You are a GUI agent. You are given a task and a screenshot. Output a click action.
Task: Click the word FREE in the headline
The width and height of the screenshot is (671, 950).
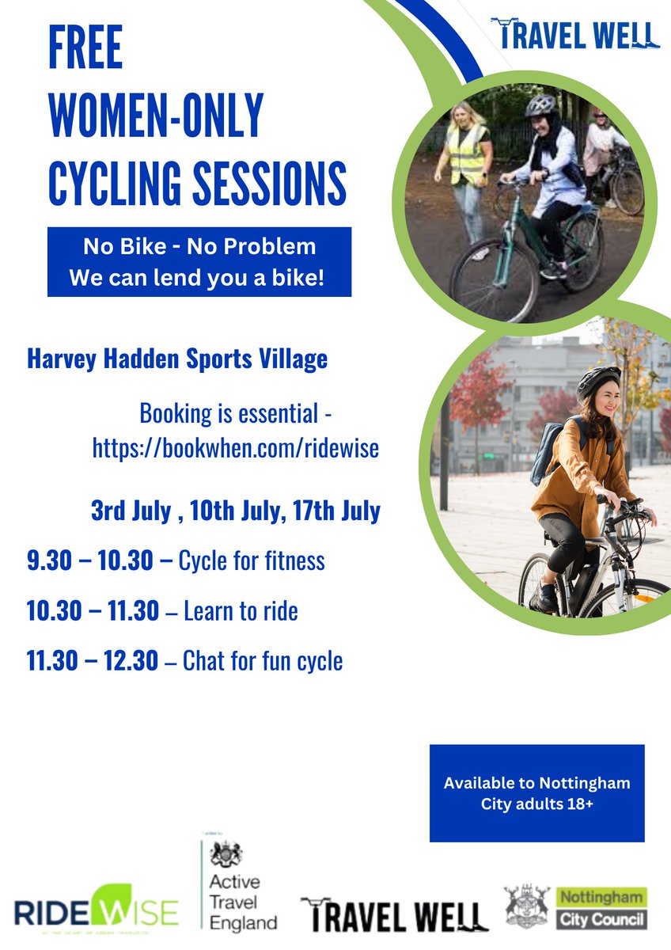(85, 50)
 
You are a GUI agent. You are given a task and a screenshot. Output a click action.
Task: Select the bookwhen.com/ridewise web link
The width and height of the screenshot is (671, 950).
(236, 449)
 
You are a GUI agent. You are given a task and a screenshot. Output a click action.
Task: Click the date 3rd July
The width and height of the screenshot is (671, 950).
(131, 511)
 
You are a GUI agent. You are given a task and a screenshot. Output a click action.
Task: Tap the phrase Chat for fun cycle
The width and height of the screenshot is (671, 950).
(263, 660)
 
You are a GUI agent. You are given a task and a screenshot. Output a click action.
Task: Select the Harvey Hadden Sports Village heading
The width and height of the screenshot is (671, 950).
(177, 359)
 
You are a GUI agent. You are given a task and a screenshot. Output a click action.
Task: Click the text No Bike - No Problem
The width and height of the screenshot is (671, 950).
(199, 246)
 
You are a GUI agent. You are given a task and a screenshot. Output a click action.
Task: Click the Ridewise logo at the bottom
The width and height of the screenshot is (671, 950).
(96, 913)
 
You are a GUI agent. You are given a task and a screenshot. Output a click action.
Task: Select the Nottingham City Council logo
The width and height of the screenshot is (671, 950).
(575, 907)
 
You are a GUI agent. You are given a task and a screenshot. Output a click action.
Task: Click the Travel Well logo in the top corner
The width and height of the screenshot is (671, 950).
(575, 34)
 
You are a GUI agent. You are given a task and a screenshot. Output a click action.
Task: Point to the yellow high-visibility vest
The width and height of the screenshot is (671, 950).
(467, 153)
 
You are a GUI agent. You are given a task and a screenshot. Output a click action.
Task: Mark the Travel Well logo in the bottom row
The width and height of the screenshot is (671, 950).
(394, 915)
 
